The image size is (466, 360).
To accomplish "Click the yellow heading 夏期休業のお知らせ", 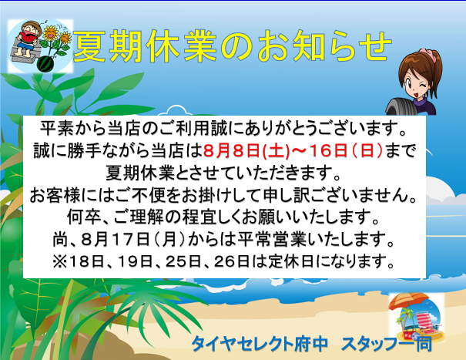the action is (233, 46).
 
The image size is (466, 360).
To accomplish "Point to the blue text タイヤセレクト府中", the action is (260, 344).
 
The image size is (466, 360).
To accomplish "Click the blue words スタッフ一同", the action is (387, 344).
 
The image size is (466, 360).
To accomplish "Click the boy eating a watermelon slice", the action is (27, 40).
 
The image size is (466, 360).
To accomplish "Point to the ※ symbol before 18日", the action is (60, 261).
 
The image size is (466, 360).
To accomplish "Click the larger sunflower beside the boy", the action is (51, 33).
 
